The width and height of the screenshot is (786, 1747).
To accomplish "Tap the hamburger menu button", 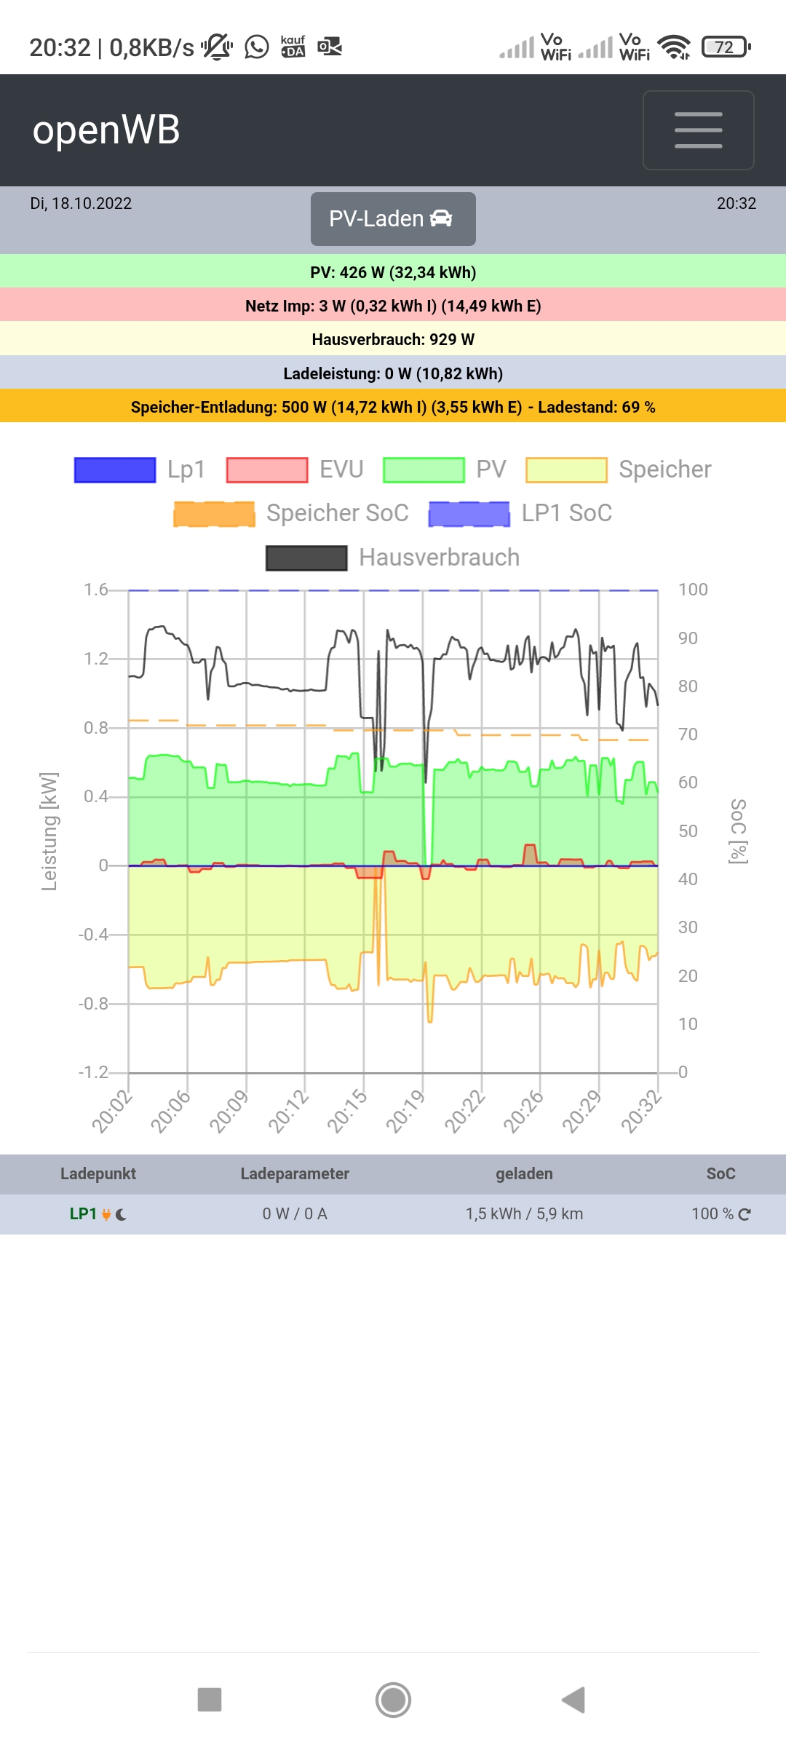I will [x=698, y=130].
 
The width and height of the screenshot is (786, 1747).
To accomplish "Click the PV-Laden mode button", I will [x=393, y=219].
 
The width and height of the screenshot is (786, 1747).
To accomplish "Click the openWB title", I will [x=106, y=130].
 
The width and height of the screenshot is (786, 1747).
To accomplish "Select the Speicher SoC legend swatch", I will [x=214, y=514].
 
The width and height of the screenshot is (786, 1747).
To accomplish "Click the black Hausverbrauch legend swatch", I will [x=306, y=558].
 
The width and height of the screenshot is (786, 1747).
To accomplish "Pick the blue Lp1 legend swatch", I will [x=115, y=470].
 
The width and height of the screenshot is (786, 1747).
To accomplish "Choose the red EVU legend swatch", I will [x=267, y=470].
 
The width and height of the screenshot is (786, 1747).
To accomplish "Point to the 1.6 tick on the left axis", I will [x=95, y=590].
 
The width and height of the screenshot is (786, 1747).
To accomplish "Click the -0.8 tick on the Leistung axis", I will [x=93, y=1004].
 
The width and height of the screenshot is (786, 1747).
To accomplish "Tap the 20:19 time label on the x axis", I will [x=405, y=1112].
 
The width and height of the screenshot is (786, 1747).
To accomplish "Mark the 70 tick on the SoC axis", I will [x=688, y=734].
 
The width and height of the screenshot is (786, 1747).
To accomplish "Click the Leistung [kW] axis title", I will [x=49, y=831].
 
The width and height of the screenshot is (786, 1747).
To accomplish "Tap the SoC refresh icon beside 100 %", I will [x=745, y=1214].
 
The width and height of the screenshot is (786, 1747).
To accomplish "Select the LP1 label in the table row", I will [x=83, y=1214].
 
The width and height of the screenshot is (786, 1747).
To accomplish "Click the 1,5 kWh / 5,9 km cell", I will [x=524, y=1214].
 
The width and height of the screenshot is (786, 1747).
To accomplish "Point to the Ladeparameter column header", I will [x=295, y=1173].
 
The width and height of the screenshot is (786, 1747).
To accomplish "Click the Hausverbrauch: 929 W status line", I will [x=393, y=339].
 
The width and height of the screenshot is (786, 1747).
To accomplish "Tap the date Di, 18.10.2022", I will [x=81, y=204].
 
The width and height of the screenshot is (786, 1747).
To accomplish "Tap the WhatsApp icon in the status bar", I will [x=256, y=47].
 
